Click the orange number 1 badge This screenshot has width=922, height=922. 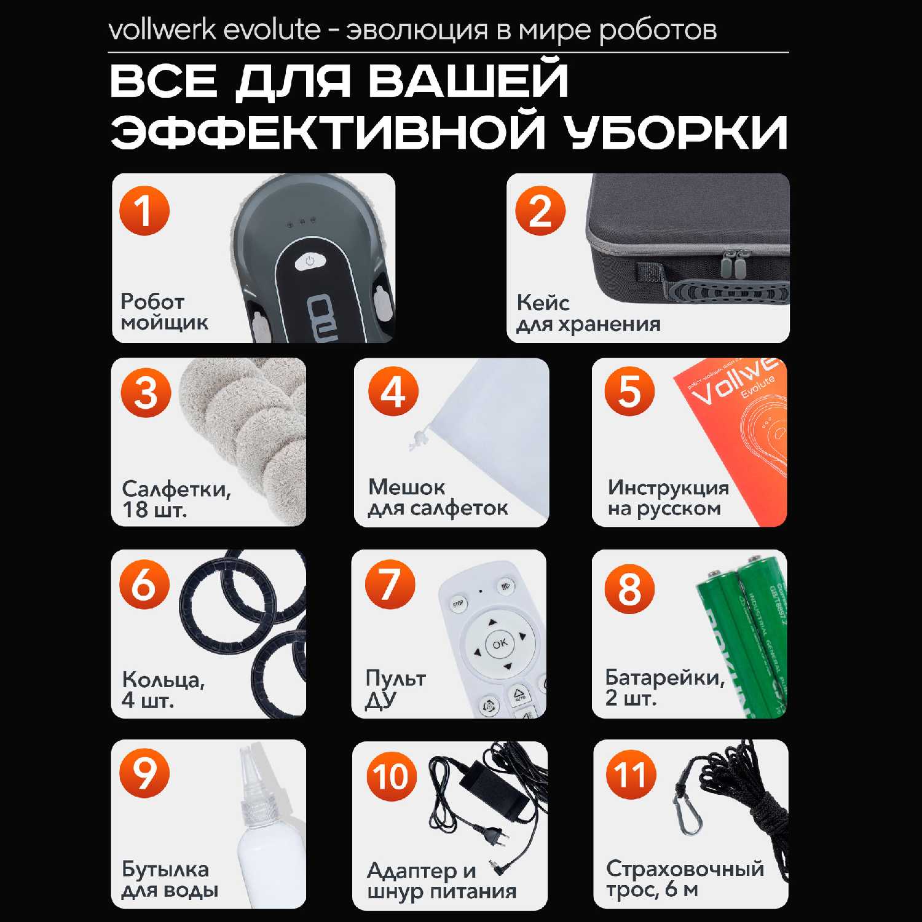(x=144, y=210)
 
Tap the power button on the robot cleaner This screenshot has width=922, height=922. (x=310, y=261)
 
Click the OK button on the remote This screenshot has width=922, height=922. (x=499, y=643)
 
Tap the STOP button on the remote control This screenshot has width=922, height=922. (x=458, y=604)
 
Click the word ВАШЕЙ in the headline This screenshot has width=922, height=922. (x=469, y=81)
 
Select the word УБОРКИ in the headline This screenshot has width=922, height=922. (x=677, y=132)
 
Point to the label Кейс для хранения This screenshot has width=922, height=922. (x=588, y=313)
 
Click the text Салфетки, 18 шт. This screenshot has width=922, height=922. (x=176, y=499)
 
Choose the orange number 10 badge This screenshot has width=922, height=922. (x=391, y=776)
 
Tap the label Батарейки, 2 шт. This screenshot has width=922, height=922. (x=665, y=687)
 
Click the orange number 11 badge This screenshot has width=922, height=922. (x=631, y=774)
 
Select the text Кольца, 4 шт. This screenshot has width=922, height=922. (x=163, y=690)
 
